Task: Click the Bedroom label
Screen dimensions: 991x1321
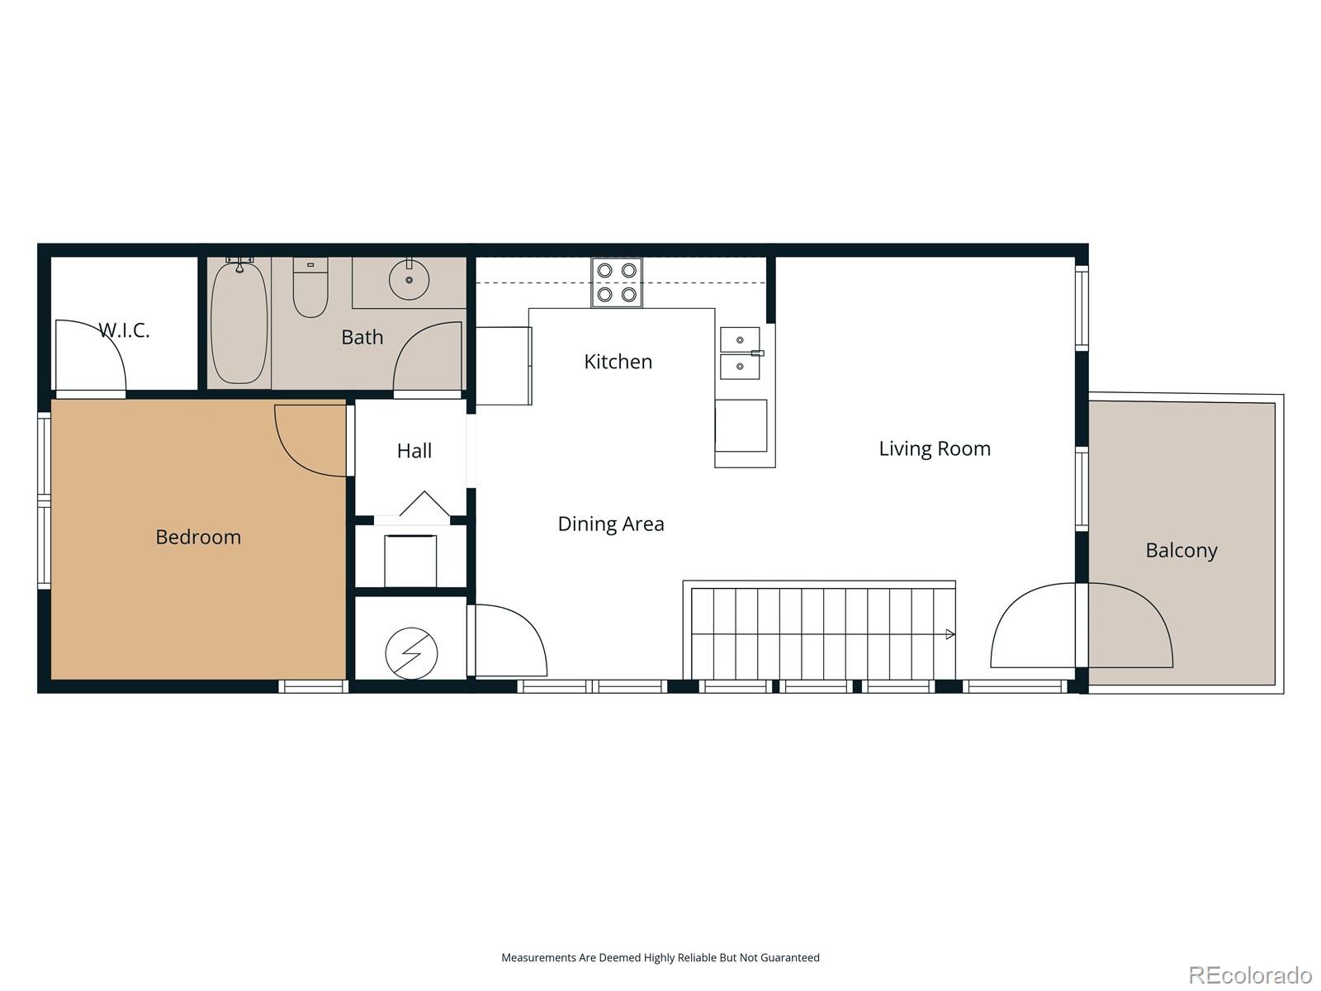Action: click(198, 537)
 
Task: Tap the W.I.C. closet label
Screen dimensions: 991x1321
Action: click(124, 330)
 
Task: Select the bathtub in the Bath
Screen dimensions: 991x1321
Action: click(239, 322)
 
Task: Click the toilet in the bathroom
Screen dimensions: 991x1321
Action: click(310, 288)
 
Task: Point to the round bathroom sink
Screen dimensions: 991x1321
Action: click(409, 280)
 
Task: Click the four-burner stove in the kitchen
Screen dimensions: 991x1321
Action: click(617, 282)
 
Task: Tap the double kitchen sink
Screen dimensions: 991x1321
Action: click(740, 353)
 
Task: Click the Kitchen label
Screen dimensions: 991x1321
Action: click(618, 362)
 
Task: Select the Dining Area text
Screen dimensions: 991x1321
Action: click(611, 524)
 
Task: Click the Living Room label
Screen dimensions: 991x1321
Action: click(934, 448)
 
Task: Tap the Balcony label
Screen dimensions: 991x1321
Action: click(1181, 550)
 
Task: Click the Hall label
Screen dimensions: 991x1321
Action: click(414, 451)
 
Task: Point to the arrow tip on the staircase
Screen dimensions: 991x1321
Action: click(951, 634)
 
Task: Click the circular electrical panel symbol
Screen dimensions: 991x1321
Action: click(411, 653)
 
